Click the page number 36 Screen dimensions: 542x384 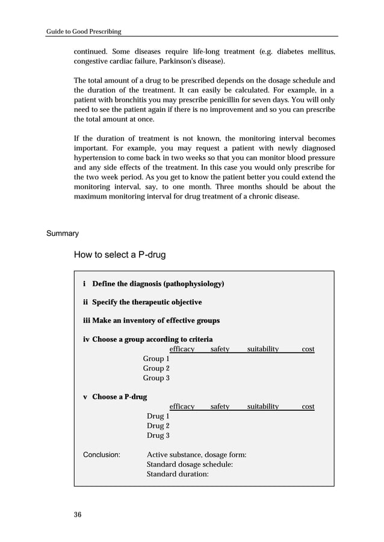pos(78,514)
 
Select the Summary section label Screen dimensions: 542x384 pos(63,233)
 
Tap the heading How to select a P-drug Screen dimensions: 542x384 pos(119,255)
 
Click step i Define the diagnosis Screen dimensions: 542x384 pos(153,283)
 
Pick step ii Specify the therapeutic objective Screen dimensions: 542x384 pos(142,302)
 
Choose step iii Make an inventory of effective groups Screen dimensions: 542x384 pos(151,321)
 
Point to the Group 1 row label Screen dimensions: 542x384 pos(156,359)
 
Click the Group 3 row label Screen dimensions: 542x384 pos(156,378)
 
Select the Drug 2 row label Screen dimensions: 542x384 pos(158,425)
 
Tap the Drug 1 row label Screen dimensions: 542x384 pos(158,416)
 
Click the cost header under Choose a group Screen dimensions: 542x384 pos(308,349)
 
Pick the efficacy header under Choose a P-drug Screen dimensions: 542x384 pos(182,407)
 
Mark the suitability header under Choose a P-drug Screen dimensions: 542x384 pos(263,407)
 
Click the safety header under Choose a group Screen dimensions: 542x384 pos(220,349)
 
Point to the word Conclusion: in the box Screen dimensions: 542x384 pos(101,455)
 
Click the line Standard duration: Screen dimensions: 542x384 pos(178,474)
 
